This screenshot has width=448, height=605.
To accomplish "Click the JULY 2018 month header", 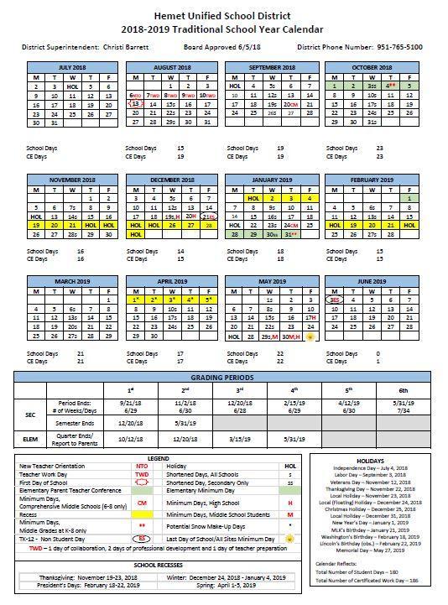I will [72, 67].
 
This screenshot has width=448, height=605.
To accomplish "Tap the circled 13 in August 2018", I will [135, 105].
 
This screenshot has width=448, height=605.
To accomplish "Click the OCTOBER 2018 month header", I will [372, 67].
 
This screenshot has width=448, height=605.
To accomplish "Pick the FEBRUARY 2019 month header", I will [372, 180].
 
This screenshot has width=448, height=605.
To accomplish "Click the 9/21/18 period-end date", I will [131, 404].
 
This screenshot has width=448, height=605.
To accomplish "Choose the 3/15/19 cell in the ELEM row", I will [240, 439].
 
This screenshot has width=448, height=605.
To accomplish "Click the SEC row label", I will [30, 414].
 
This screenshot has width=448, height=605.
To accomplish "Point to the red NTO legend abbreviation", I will [142, 466].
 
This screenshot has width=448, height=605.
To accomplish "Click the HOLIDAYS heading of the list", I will [370, 461].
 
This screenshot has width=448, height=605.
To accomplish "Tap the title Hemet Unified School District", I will [223, 14].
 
